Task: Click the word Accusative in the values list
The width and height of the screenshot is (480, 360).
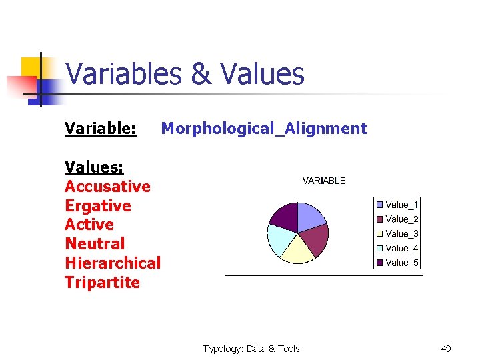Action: click(107, 186)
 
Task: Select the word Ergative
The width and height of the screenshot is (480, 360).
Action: click(98, 205)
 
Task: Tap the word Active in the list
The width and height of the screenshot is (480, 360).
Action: click(89, 225)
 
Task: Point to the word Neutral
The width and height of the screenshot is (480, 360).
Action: click(95, 244)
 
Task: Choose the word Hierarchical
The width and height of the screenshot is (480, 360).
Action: click(113, 263)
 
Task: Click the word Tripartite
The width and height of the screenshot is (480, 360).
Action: click(102, 283)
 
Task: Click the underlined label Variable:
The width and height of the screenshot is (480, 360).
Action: click(101, 129)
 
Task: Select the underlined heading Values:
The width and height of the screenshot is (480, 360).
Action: click(94, 167)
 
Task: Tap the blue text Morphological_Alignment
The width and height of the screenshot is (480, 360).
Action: click(264, 129)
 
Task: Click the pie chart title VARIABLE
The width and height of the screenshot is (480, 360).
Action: click(324, 181)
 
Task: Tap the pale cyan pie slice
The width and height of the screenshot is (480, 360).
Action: click(279, 238)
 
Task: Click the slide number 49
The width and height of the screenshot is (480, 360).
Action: click(446, 349)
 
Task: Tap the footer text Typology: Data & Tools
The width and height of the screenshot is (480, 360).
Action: click(251, 349)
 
